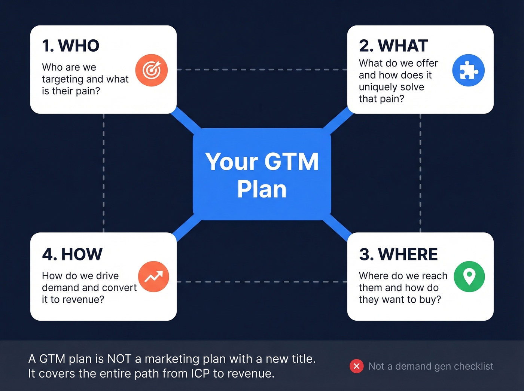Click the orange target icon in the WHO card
152,70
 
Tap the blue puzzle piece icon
468,70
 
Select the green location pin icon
469,277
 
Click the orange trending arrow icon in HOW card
153,277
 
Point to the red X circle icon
356,366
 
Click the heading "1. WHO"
71,46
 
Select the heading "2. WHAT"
393,46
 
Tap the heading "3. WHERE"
398,254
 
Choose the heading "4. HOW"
72,254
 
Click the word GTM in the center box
291,162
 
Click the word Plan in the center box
262,189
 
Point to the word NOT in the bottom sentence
119,359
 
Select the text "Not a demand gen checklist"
431,366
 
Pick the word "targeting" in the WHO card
63,79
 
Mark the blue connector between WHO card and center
186,120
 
